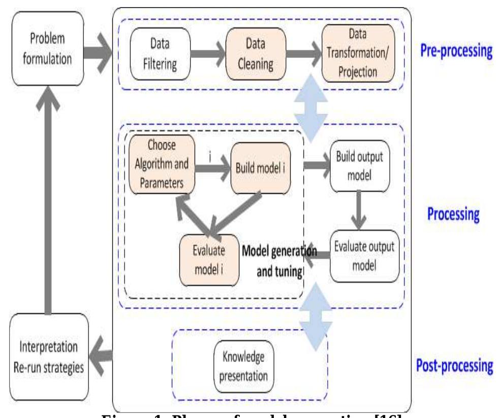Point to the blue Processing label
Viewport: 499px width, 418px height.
pos(452,214)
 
